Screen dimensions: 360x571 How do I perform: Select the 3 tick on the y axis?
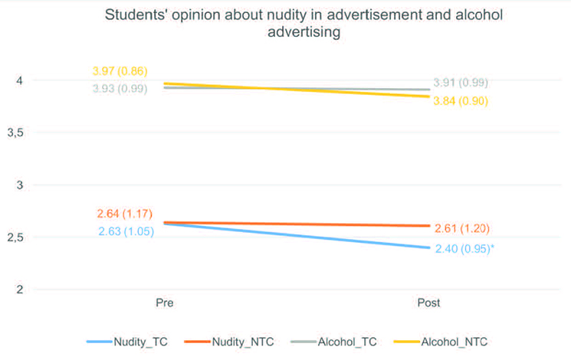(x=21, y=185)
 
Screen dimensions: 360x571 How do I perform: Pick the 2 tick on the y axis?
(x=21, y=290)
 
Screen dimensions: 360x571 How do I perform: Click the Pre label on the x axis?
(x=164, y=303)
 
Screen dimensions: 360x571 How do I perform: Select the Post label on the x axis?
(x=428, y=303)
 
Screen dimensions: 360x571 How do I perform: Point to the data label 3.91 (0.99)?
(x=460, y=83)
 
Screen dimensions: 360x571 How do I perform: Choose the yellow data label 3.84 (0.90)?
(x=460, y=101)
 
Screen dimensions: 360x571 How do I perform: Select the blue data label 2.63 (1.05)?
(x=126, y=231)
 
